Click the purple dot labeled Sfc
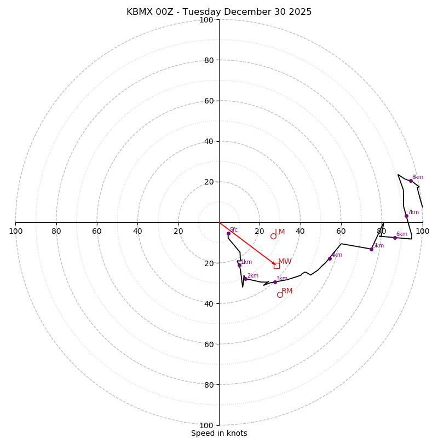pyautogui.click(x=228, y=233)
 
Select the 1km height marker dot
pyautogui.click(x=239, y=265)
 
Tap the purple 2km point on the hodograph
pyautogui.click(x=245, y=279)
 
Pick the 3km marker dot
pyautogui.click(x=275, y=282)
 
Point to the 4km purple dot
pyautogui.click(x=330, y=258)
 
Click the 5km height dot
pyautogui.click(x=371, y=249)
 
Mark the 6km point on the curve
pyautogui.click(x=395, y=238)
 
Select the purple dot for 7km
pyautogui.click(x=406, y=216)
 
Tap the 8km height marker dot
pyautogui.click(x=411, y=181)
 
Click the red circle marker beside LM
pyautogui.click(x=273, y=236)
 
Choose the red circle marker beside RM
pyautogui.click(x=280, y=295)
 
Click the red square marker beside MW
pyautogui.click(x=276, y=266)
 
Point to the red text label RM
pyautogui.click(x=287, y=291)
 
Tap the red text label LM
pyautogui.click(x=280, y=232)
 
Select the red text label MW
pyautogui.click(x=285, y=262)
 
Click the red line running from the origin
pyautogui.click(x=246, y=243)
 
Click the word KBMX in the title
pyautogui.click(x=140, y=12)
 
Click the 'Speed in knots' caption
pyautogui.click(x=219, y=433)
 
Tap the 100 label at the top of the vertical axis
pyautogui.click(x=206, y=20)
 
